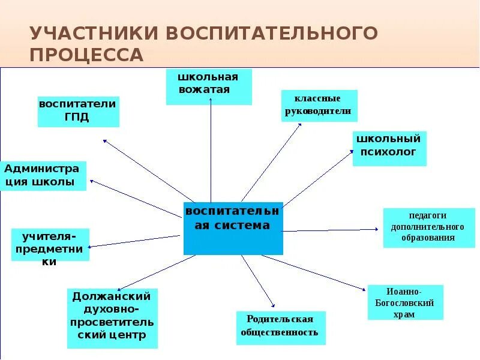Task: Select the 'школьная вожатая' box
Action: [209, 87]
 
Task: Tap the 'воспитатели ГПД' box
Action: [79, 112]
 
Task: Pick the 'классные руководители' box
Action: [319, 106]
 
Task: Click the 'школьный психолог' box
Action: [389, 148]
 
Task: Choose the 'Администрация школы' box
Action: [44, 176]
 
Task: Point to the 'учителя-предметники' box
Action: [50, 244]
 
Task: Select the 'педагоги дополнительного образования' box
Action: [428, 227]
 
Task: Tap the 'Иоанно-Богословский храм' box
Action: [405, 302]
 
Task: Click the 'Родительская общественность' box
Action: [281, 328]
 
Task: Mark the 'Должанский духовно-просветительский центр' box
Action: [113, 318]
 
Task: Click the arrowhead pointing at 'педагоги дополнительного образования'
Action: [377, 229]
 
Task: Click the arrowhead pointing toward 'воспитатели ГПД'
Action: [105, 141]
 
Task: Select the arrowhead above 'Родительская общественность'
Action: [273, 305]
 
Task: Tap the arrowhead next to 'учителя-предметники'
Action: [91, 246]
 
